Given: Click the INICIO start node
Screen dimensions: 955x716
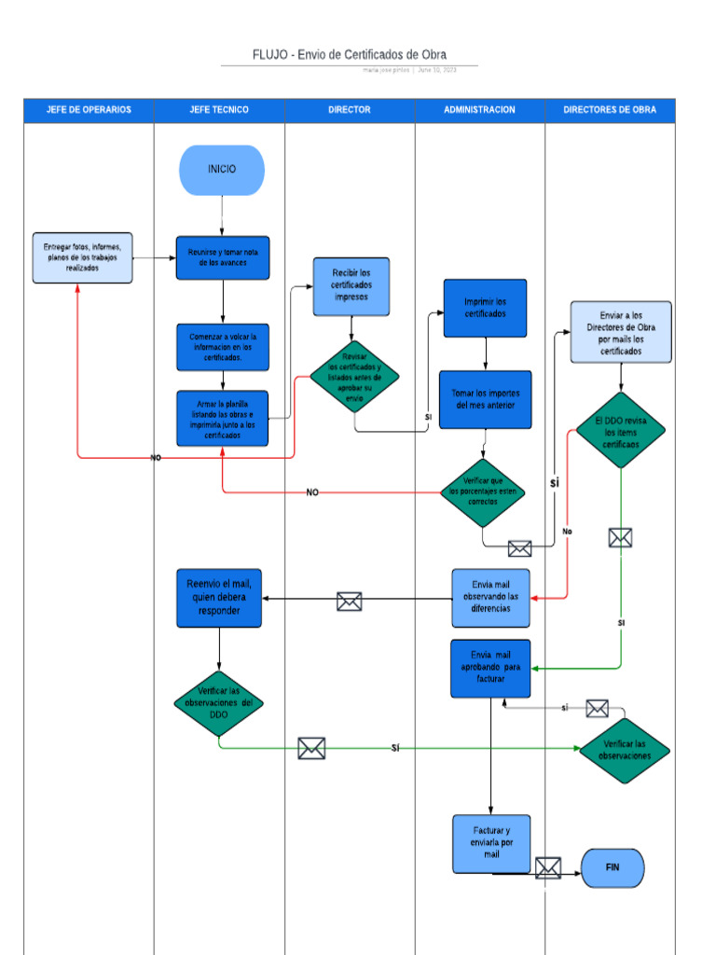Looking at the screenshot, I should click(222, 170).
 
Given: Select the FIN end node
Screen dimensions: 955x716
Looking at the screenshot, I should click(613, 867).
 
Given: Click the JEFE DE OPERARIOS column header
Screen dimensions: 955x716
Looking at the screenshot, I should click(89, 110).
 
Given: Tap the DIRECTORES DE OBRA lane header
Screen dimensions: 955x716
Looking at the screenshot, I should click(610, 110).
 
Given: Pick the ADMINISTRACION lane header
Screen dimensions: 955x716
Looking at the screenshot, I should click(479, 110).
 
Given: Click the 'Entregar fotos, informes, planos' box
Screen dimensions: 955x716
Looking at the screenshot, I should click(82, 257).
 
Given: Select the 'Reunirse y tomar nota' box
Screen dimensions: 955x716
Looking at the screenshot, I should click(223, 257).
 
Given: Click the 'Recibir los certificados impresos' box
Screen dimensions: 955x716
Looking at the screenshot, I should click(351, 285).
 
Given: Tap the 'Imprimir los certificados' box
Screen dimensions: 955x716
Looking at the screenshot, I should click(485, 308).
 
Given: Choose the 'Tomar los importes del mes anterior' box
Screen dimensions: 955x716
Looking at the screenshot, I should click(485, 399).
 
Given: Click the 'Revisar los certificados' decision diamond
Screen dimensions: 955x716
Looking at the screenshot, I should click(354, 377).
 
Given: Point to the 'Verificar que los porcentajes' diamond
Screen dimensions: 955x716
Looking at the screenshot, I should click(482, 491).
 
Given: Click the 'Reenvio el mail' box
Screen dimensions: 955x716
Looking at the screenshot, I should click(219, 597).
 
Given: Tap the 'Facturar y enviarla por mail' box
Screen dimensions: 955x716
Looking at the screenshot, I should click(491, 843).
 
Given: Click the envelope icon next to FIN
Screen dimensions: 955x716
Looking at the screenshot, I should click(548, 868).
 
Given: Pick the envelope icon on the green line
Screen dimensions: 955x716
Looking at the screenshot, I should click(311, 748).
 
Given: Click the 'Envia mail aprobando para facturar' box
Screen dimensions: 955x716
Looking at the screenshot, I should click(490, 668).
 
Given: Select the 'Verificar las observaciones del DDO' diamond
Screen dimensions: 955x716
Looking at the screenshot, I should click(219, 702).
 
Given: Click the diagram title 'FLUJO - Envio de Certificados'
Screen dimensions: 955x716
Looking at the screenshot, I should click(349, 55).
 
